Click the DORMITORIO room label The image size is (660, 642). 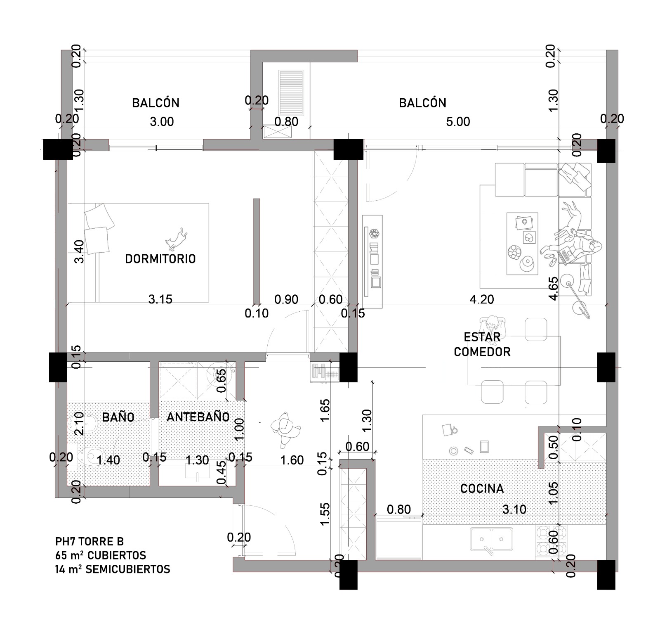click(160, 259)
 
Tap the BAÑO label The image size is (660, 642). click(118, 417)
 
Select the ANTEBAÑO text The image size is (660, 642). click(198, 417)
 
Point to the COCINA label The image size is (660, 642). click(482, 489)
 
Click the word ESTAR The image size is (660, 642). click(482, 337)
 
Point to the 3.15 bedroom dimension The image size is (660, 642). click(160, 299)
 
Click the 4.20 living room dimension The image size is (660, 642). click(482, 299)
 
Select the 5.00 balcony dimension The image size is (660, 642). click(458, 122)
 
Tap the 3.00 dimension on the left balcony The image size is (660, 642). click(162, 122)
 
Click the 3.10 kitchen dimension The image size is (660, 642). click(514, 509)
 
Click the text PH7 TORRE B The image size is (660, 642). click(90, 541)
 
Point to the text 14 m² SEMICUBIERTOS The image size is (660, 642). click(113, 569)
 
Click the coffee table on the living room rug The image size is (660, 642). click(522, 243)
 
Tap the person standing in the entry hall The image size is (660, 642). click(284, 430)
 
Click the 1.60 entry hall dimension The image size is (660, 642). click(292, 460)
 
